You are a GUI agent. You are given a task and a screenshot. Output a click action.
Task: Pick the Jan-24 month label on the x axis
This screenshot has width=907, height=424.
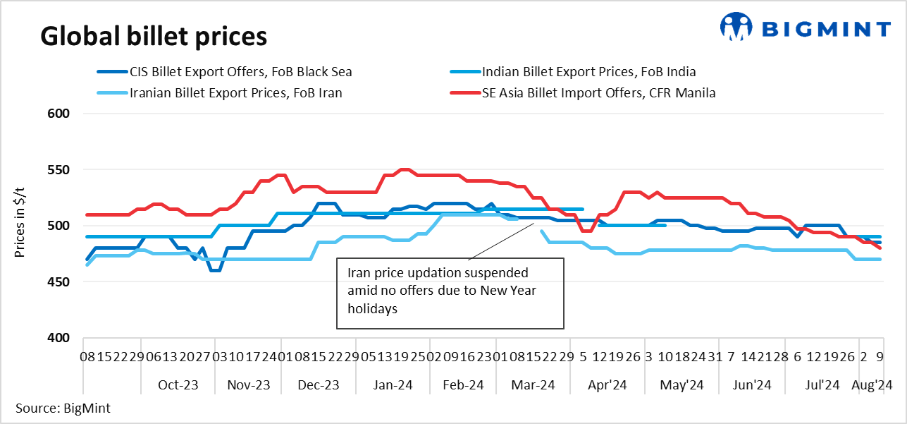(x=393, y=385)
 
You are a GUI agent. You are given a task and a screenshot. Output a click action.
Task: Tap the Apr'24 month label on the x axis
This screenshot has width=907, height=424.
(x=607, y=385)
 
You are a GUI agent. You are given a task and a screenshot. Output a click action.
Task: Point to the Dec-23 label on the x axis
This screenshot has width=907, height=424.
(x=319, y=385)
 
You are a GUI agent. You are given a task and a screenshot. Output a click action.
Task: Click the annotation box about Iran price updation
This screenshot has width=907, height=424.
(x=450, y=293)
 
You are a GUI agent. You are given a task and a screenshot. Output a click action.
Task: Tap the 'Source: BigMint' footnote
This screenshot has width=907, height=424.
(x=63, y=408)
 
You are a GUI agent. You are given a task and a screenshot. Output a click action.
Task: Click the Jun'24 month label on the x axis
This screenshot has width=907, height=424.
(x=753, y=385)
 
